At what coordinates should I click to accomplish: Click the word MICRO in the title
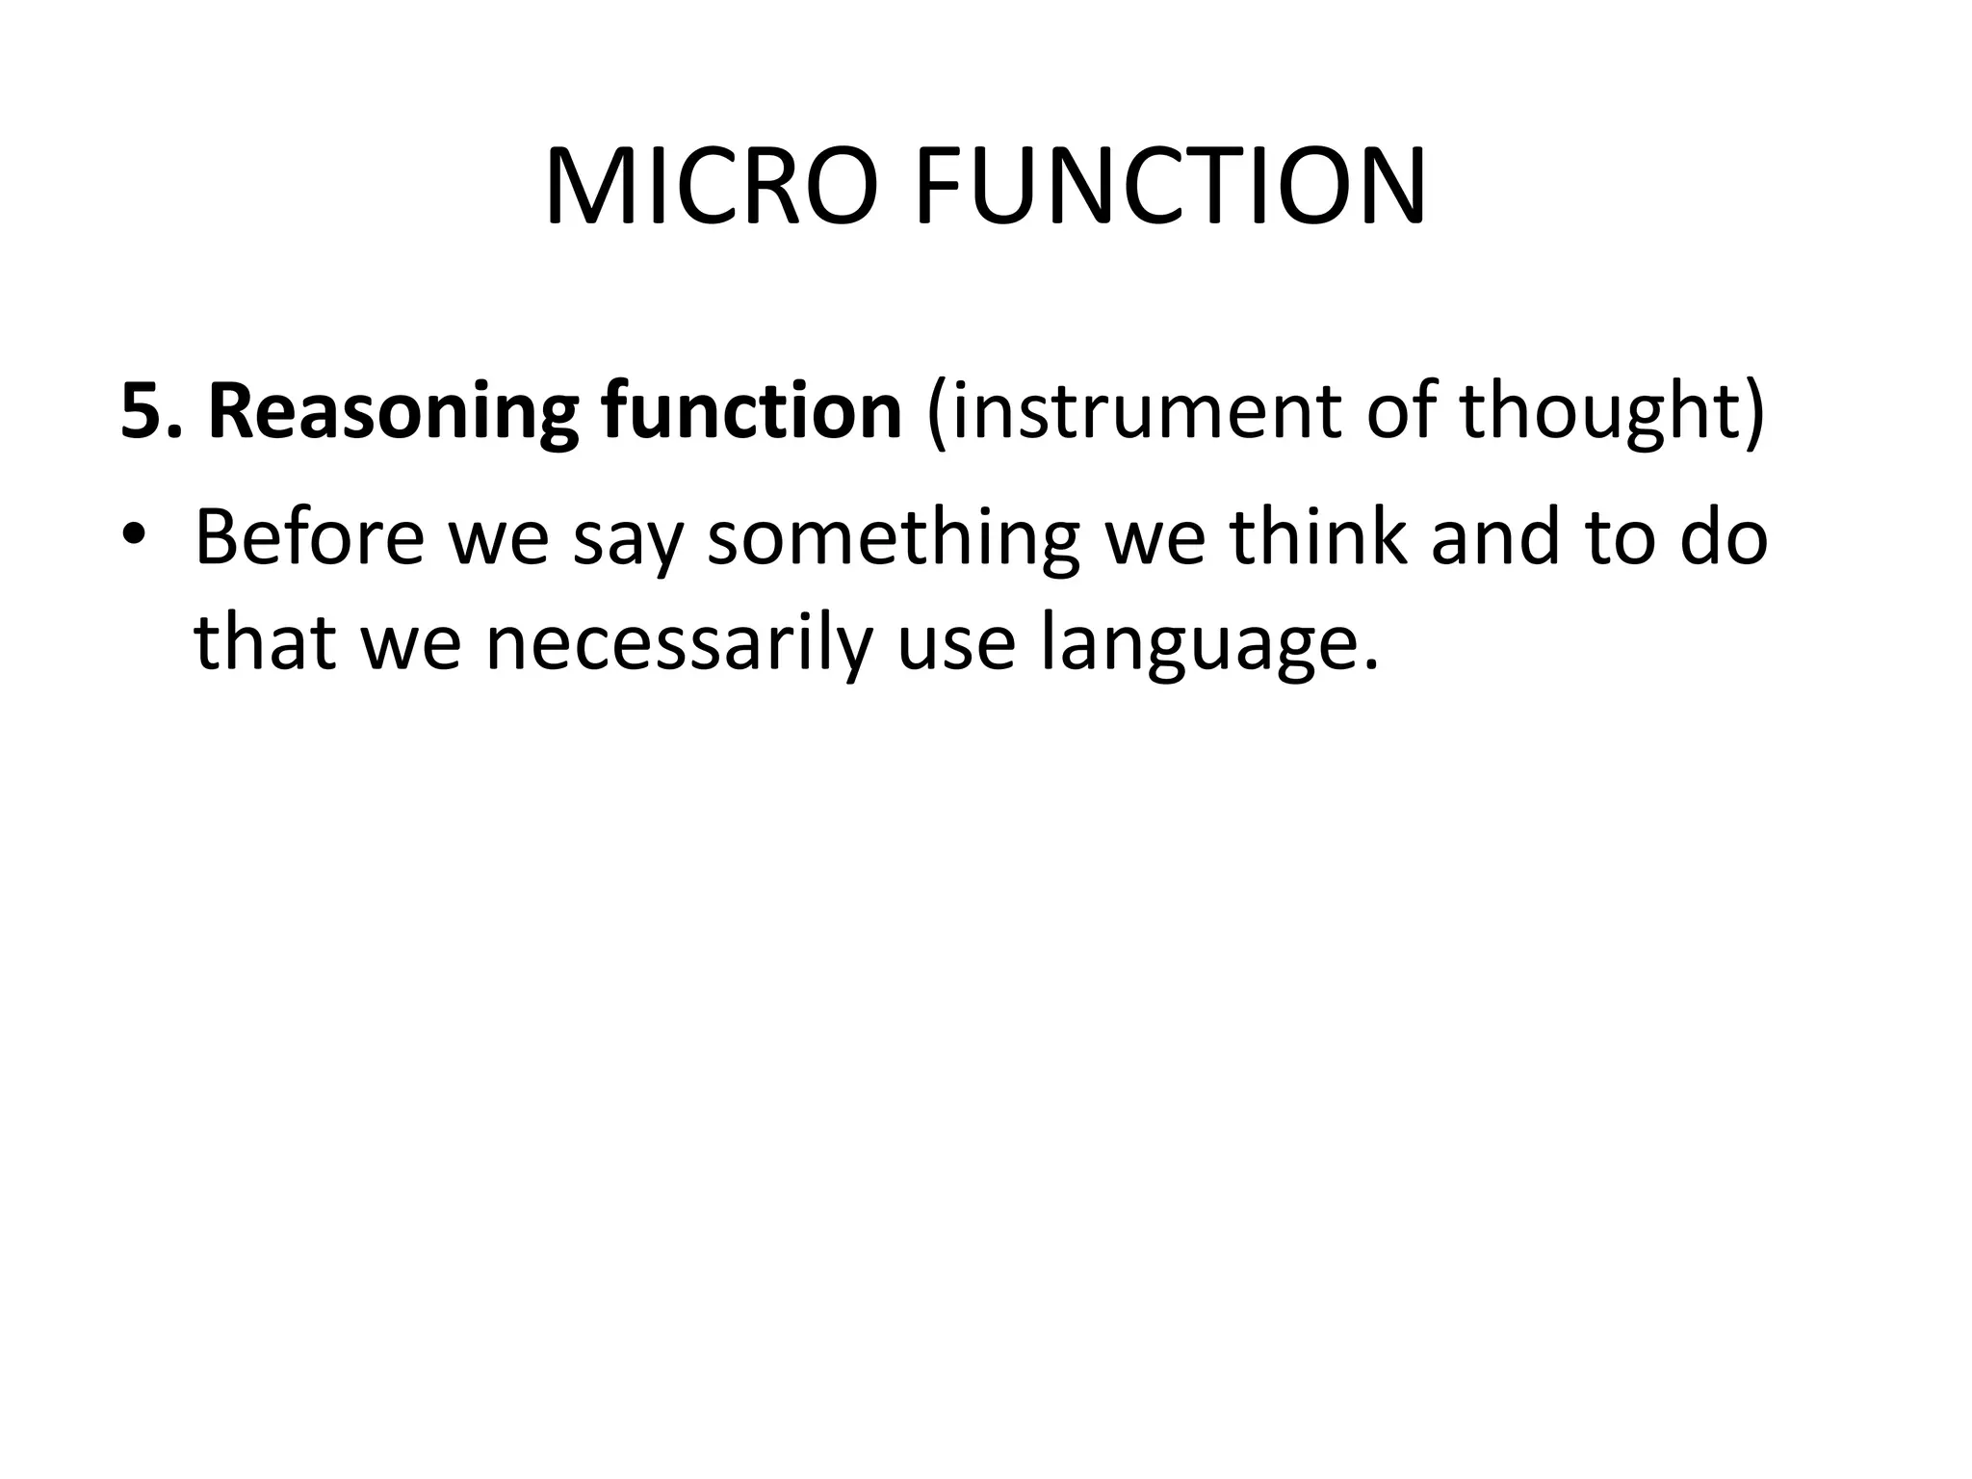coord(711,188)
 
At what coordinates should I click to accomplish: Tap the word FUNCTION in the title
coord(1170,188)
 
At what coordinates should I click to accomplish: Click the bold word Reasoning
coord(393,411)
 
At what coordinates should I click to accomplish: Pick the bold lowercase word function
coord(751,411)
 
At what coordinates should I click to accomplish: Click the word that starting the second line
coord(264,642)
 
